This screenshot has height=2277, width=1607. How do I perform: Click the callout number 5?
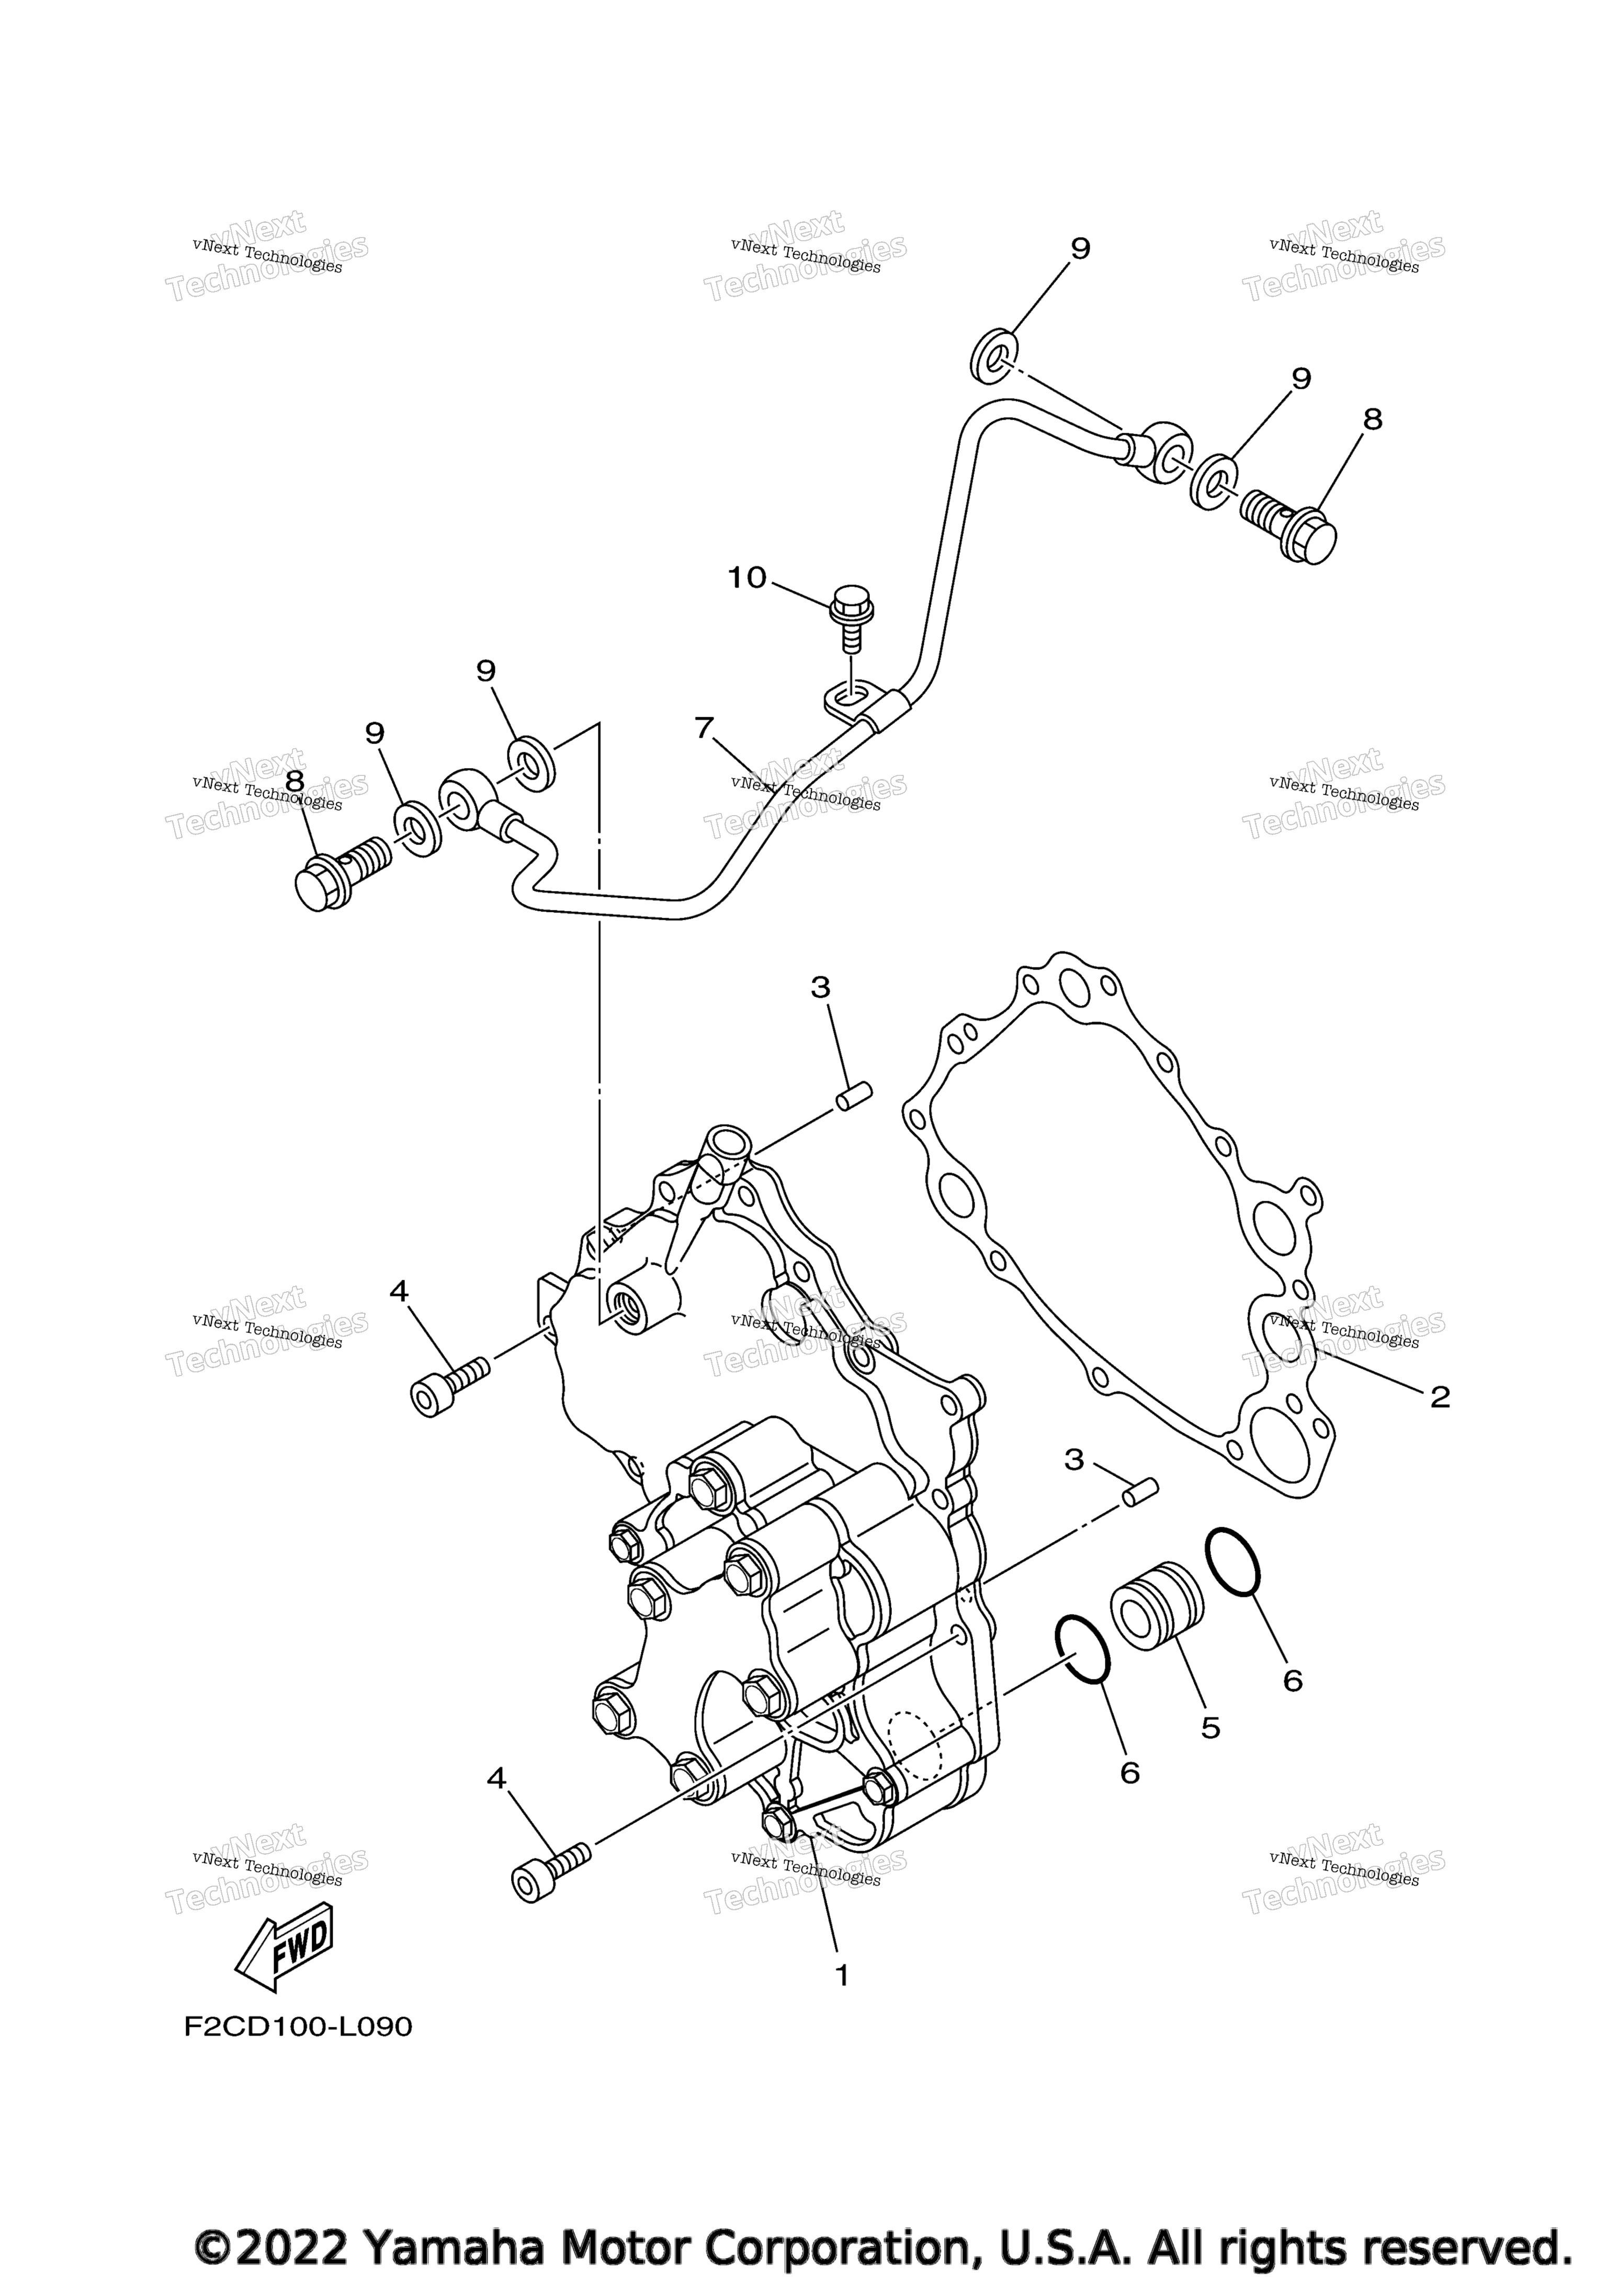click(x=1210, y=1728)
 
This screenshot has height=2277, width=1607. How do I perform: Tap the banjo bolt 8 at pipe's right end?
click(x=1289, y=525)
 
